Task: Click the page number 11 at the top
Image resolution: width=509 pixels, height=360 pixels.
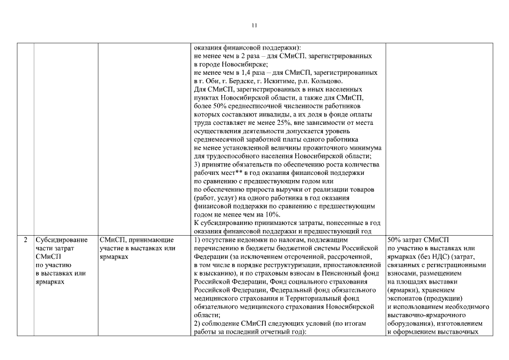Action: pos(254,25)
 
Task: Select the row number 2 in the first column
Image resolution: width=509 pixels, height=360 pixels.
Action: pos(25,240)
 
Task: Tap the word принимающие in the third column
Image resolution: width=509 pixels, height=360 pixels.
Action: pos(145,240)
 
